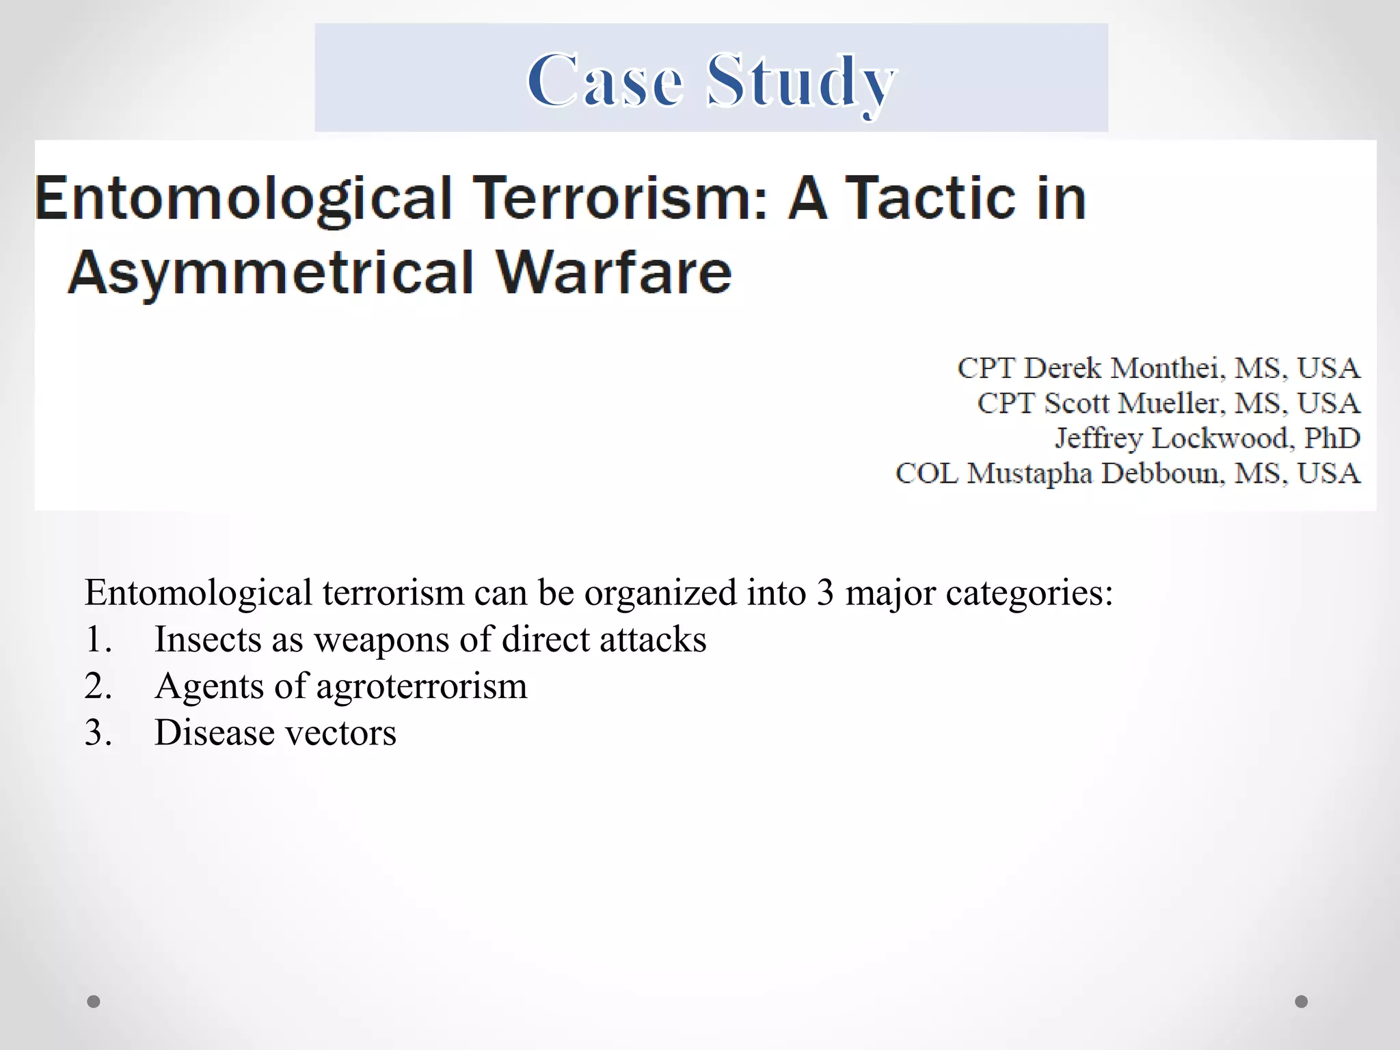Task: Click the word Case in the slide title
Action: [605, 81]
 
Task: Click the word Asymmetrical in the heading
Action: [271, 272]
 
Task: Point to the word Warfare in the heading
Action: [613, 272]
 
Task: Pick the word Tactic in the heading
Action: [930, 198]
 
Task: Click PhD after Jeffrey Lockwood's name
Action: [1332, 438]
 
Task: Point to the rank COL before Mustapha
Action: [926, 473]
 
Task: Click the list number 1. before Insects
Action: [98, 640]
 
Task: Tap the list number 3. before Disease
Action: [98, 733]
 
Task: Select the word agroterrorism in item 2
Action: [422, 686]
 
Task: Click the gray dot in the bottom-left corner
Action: [94, 1001]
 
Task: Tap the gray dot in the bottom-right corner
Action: [1302, 1001]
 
